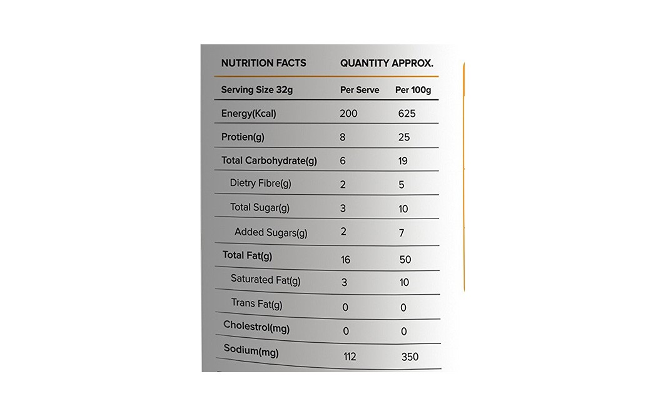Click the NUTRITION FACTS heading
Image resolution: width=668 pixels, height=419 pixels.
click(263, 63)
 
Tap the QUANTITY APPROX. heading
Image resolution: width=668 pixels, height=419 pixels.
click(387, 63)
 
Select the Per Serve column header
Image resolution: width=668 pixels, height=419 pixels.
click(360, 90)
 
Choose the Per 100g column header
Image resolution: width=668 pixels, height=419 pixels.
click(413, 90)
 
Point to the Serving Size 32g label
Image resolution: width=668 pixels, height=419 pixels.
click(256, 90)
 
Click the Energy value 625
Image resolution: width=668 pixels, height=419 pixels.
click(407, 114)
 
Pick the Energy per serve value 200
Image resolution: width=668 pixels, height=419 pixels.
click(348, 114)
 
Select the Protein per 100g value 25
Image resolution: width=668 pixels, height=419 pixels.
click(403, 137)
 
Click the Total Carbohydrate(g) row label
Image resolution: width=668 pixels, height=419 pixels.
click(269, 160)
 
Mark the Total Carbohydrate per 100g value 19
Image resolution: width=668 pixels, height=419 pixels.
click(403, 161)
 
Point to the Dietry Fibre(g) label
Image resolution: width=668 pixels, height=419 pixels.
click(261, 184)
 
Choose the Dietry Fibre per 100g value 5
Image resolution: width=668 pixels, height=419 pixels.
click(402, 185)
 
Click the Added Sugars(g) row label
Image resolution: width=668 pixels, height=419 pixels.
click(271, 232)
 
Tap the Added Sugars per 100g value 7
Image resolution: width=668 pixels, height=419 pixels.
click(402, 233)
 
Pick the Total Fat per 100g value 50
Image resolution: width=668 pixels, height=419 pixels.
click(405, 259)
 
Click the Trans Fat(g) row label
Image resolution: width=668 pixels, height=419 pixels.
click(256, 304)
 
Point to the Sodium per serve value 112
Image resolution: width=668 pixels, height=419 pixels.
click(350, 357)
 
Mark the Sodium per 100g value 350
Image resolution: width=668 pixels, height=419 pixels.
click(410, 357)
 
